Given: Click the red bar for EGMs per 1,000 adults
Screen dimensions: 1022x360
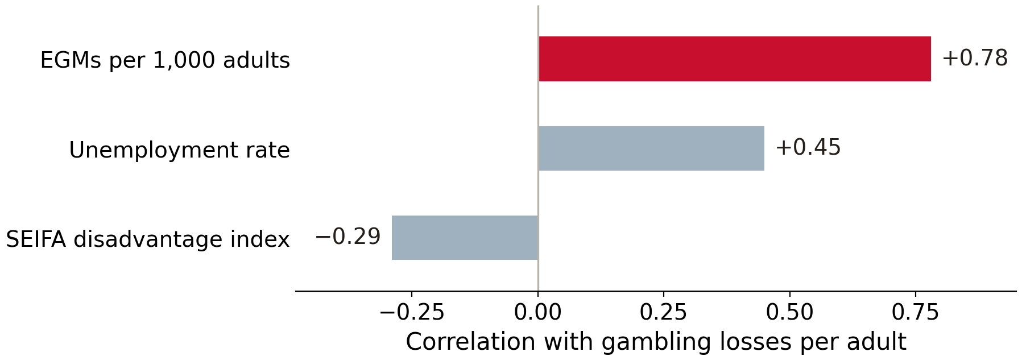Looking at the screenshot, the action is click(x=734, y=59).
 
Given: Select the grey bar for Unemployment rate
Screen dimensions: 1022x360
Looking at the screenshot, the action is click(x=651, y=148).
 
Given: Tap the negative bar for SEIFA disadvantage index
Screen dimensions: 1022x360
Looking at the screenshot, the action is click(x=465, y=238).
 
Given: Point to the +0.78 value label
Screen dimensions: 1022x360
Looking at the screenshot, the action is click(x=975, y=59).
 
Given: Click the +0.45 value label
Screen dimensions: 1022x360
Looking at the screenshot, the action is click(x=808, y=148).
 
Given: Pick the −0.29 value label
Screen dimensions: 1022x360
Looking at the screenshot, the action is click(x=347, y=237).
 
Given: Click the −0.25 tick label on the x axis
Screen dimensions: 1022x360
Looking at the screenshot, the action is click(x=412, y=312).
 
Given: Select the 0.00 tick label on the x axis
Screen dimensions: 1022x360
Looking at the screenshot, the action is click(x=538, y=312).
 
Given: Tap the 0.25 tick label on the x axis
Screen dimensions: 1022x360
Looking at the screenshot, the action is click(x=664, y=312).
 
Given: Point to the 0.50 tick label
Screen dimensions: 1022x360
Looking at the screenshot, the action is click(x=790, y=312).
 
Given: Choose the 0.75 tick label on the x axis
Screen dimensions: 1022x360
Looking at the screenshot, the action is click(x=916, y=312).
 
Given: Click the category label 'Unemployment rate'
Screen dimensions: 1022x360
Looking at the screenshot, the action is click(x=180, y=150).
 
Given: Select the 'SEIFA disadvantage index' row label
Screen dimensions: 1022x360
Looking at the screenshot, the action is click(x=148, y=239).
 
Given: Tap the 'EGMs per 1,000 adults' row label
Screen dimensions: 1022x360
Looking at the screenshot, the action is click(x=165, y=60).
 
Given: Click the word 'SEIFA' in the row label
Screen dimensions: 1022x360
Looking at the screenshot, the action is click(x=37, y=239).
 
